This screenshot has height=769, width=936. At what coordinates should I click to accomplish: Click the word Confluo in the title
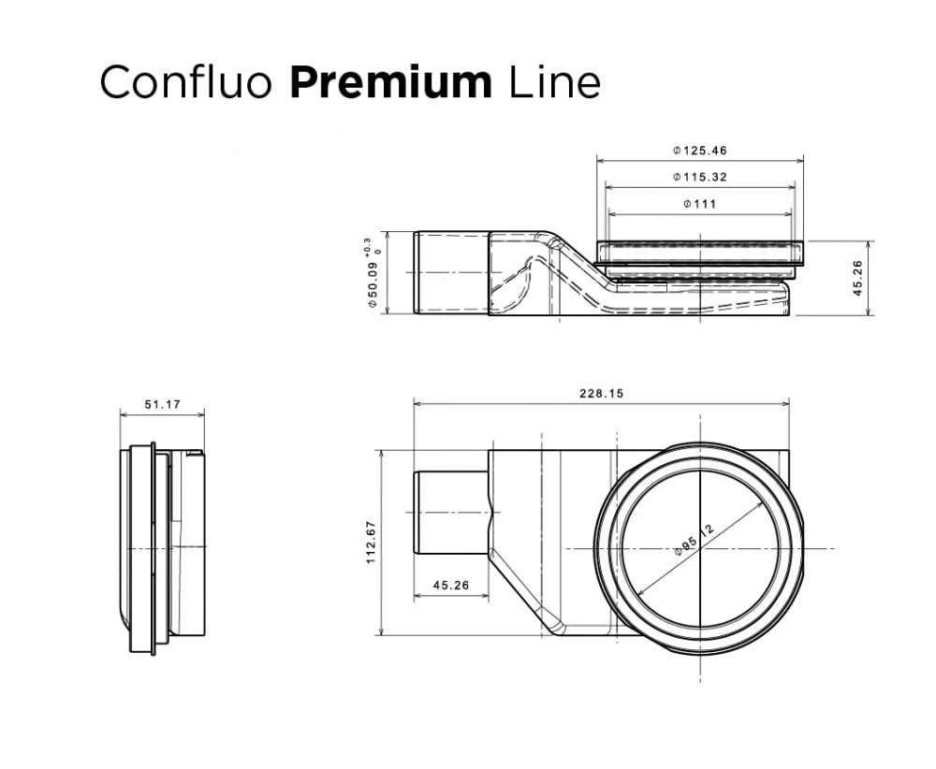coord(185,82)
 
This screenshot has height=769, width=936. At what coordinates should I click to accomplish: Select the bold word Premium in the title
coord(390,82)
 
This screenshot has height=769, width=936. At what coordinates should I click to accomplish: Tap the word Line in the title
coord(554,82)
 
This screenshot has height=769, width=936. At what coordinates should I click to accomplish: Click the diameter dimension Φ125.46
coord(699,151)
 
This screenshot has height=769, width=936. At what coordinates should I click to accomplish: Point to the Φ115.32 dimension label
coord(699,177)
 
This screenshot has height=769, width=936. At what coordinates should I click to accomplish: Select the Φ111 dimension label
coord(699,203)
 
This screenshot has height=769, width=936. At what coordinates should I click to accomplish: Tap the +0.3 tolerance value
coord(366,245)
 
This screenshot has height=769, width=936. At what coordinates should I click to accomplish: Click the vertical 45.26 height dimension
coord(858,278)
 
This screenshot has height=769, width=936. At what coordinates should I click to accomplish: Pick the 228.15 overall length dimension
coord(600,394)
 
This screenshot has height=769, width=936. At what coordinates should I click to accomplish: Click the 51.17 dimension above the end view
coord(162,405)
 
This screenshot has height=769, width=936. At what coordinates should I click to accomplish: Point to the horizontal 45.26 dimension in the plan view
coord(450,587)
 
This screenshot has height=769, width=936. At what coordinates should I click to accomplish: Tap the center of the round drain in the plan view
coord(699,547)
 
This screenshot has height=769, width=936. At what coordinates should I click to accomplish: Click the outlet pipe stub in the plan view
coord(450,513)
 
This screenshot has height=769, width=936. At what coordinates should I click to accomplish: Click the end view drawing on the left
coord(161,547)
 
